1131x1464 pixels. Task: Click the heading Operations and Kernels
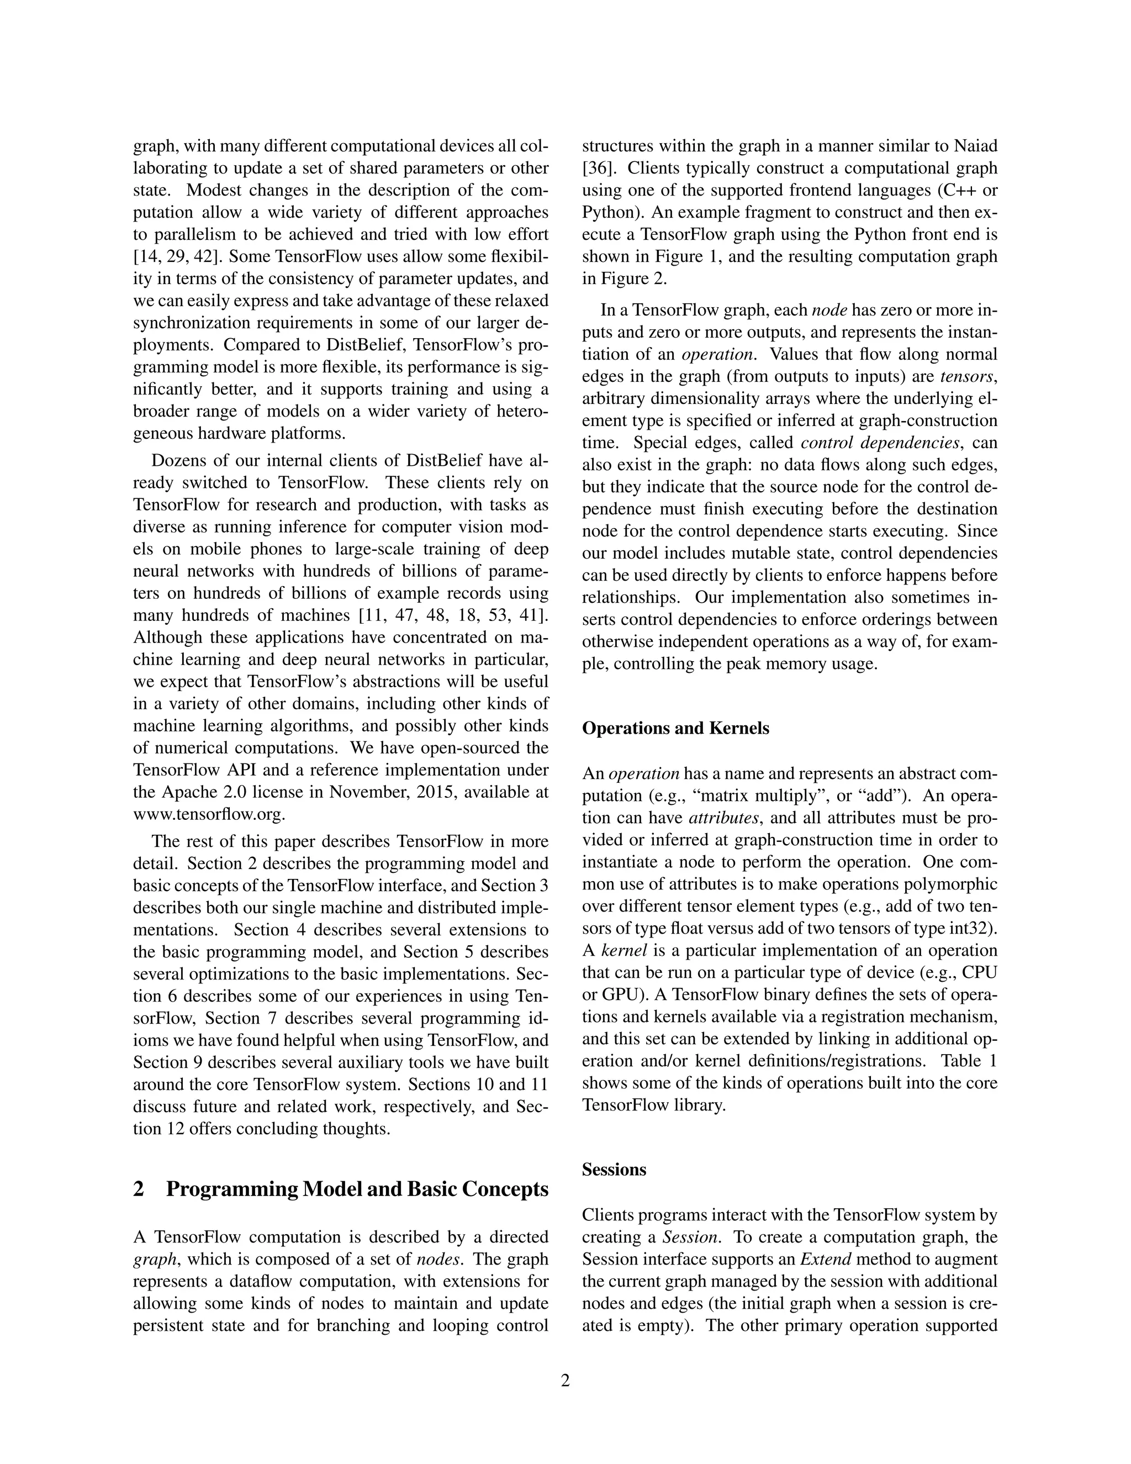(675, 728)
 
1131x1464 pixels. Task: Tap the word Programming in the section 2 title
(231, 1188)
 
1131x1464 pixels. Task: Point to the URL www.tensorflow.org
(209, 814)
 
